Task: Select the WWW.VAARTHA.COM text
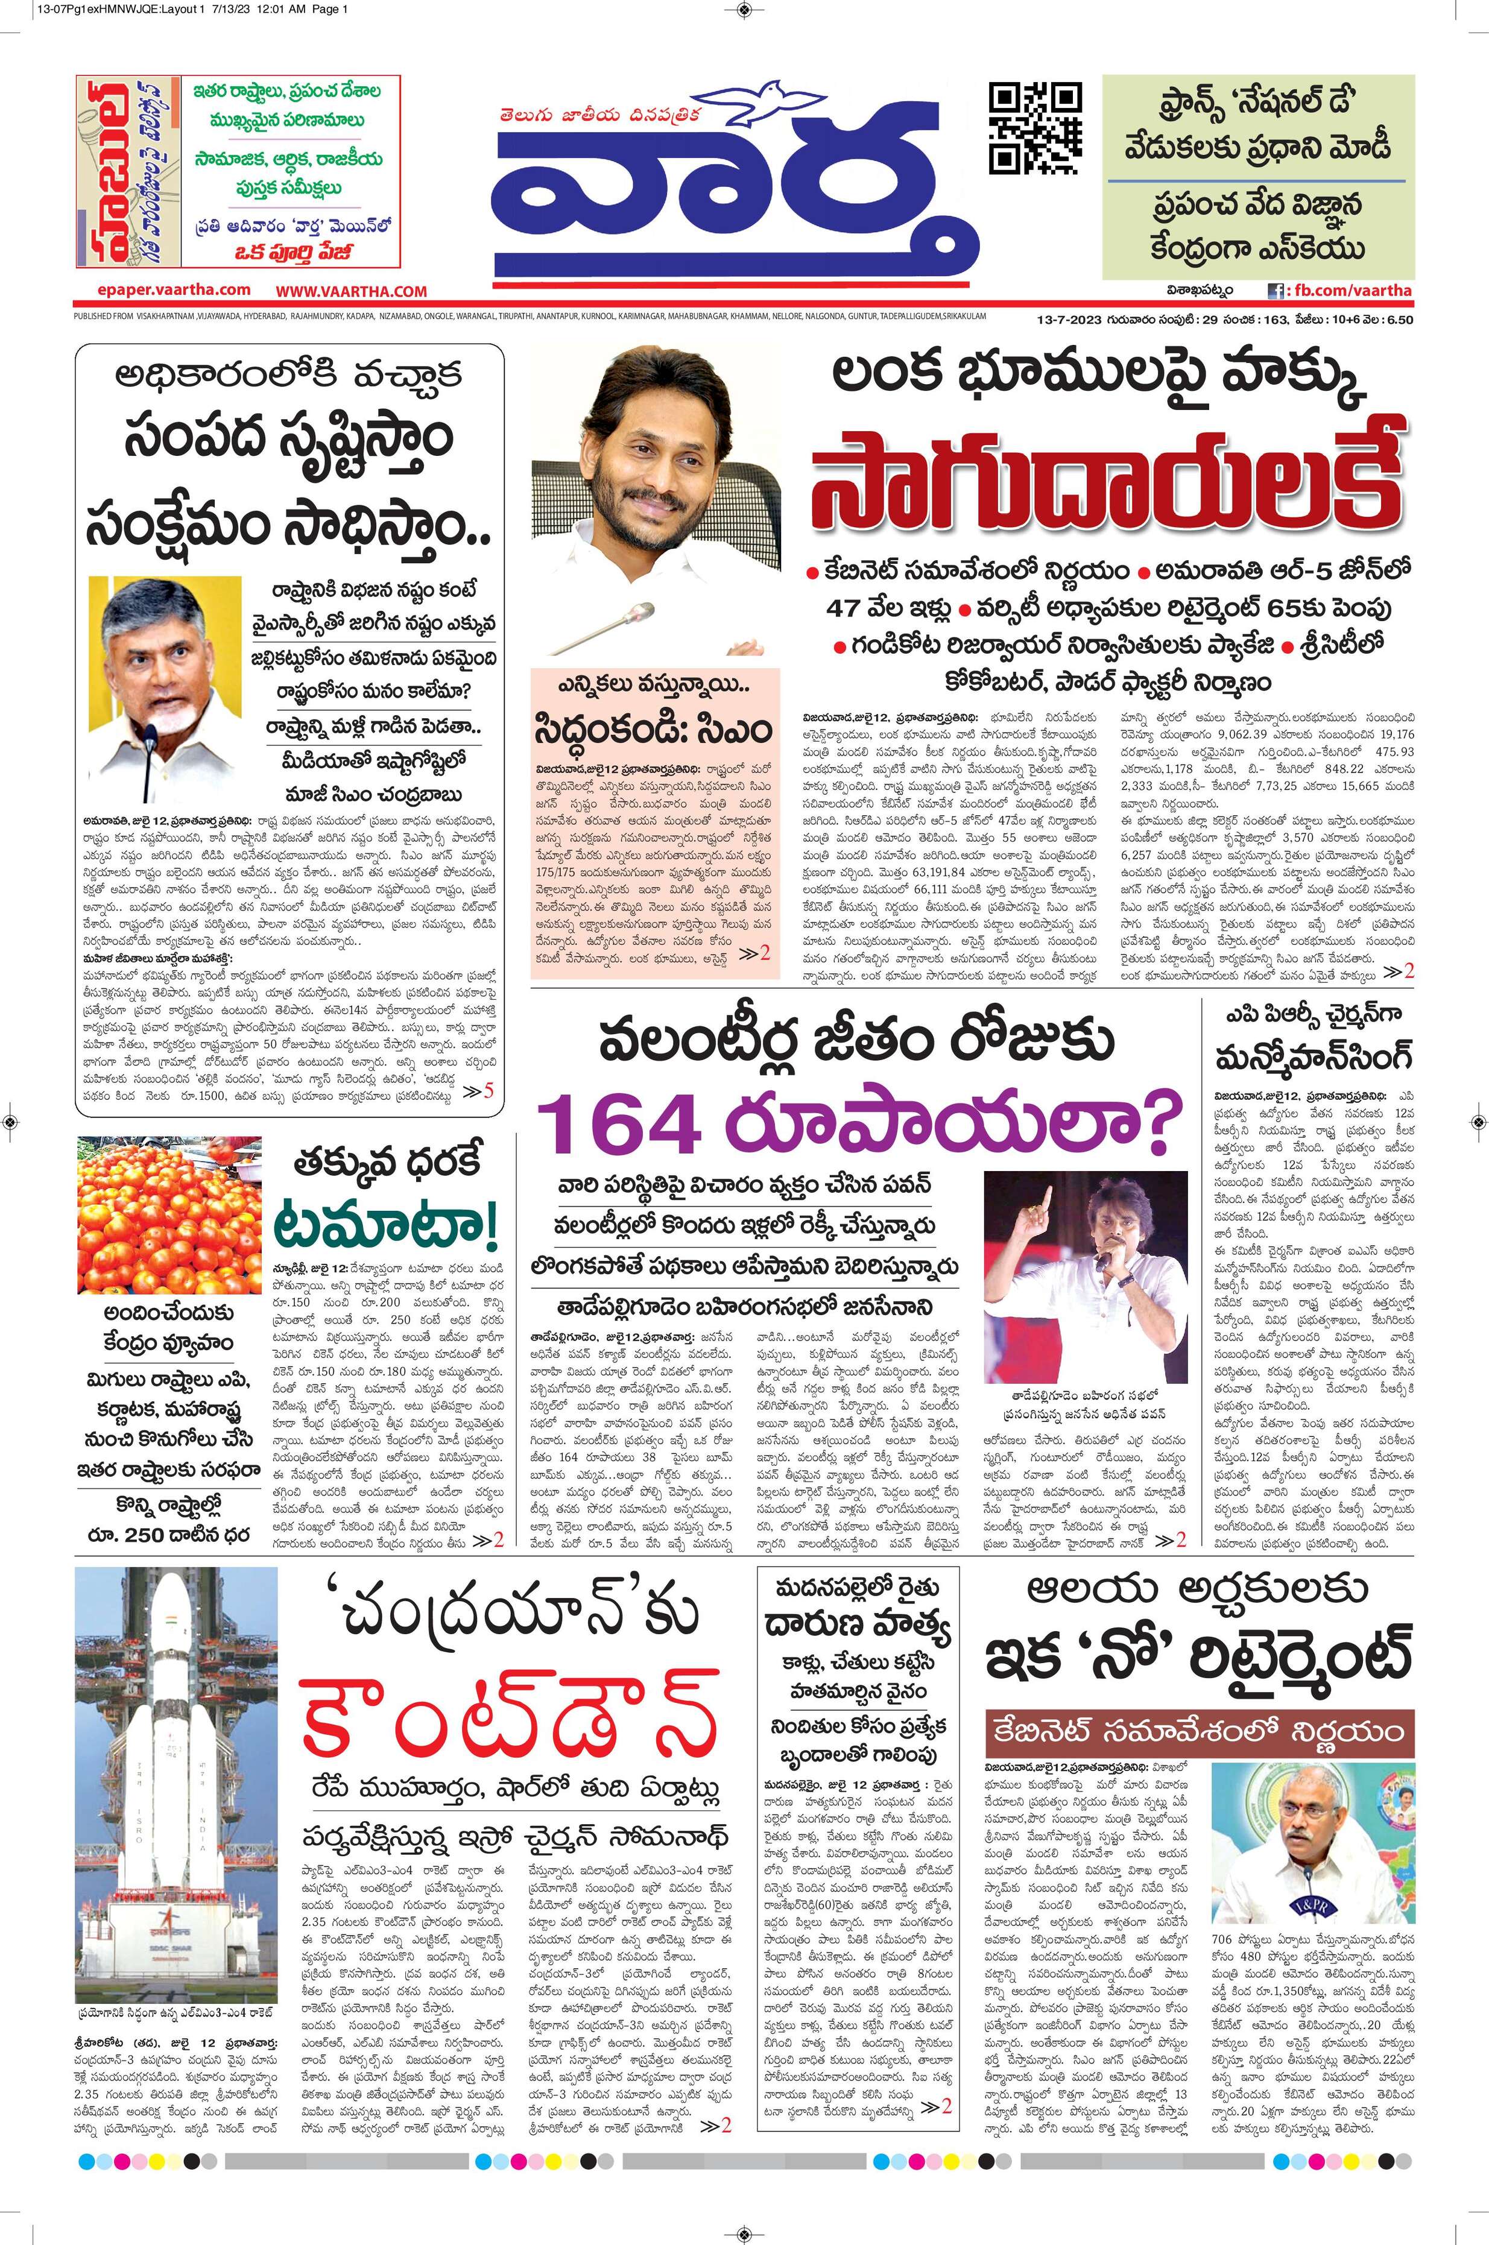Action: click(x=352, y=291)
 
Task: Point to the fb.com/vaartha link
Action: click(x=1348, y=291)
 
